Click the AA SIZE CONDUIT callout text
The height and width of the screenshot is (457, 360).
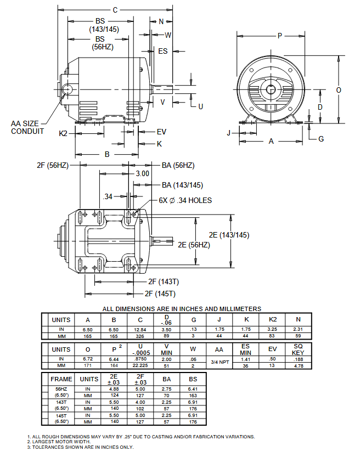[27, 127]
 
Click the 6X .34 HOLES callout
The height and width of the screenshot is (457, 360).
[185, 200]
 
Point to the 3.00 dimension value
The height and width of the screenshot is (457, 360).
[142, 173]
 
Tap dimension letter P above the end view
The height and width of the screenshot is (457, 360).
[279, 36]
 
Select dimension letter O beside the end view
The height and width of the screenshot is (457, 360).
[339, 89]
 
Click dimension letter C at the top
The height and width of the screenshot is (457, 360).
[115, 10]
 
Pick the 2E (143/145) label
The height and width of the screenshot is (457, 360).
[229, 235]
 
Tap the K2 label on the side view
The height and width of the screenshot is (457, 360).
[64, 133]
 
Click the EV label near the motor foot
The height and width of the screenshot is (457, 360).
[161, 132]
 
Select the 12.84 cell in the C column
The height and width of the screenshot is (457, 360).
[140, 329]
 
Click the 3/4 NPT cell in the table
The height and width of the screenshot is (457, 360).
[219, 362]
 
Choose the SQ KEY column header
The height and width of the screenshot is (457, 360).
[298, 349]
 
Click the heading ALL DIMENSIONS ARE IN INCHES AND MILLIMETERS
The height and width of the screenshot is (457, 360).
[182, 309]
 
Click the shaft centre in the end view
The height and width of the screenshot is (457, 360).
[271, 89]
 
